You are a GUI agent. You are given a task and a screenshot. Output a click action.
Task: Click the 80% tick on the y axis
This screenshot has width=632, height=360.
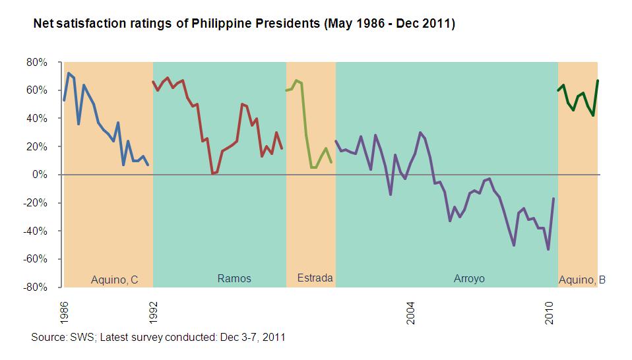(x=37, y=62)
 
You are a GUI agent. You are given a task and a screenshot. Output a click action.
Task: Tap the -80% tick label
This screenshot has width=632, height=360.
(x=36, y=287)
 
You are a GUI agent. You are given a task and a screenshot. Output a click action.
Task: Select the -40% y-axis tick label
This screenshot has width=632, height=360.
(x=36, y=231)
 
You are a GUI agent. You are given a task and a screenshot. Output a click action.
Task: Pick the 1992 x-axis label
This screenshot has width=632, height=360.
(x=153, y=312)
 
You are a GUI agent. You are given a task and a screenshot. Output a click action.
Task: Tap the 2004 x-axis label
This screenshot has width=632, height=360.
(x=410, y=312)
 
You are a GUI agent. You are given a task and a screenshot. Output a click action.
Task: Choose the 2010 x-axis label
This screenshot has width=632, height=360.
(x=548, y=312)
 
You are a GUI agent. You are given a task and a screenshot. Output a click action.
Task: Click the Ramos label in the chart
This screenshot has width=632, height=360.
(x=234, y=278)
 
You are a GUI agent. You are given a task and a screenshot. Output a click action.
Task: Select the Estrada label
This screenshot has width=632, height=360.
(x=315, y=278)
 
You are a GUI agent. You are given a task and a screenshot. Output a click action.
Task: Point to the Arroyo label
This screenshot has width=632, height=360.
(x=469, y=278)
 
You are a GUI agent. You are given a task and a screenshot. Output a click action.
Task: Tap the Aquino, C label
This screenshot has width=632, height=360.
(x=114, y=280)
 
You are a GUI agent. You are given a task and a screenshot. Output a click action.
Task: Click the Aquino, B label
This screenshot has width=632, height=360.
(x=582, y=280)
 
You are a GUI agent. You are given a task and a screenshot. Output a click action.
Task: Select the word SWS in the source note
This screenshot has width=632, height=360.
(x=79, y=337)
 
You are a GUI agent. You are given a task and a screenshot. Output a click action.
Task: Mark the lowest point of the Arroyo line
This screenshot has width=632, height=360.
(x=548, y=249)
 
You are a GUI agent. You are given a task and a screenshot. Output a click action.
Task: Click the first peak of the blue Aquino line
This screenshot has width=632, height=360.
(x=69, y=73)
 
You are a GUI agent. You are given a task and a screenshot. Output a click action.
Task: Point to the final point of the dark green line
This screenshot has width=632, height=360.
(x=597, y=80)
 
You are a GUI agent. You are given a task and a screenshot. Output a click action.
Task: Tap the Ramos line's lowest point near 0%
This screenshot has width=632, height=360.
(x=212, y=173)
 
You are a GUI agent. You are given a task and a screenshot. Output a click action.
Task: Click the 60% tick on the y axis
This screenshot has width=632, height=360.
(x=37, y=90)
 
